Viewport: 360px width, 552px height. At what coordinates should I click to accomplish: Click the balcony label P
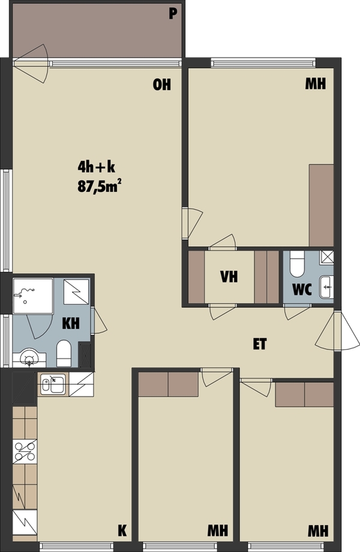172,14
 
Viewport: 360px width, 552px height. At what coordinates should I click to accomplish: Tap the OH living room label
162,85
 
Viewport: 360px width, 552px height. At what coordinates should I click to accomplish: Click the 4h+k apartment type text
97,167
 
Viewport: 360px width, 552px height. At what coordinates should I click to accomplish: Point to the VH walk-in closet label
229,277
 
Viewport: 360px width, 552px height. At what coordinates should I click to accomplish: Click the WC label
302,289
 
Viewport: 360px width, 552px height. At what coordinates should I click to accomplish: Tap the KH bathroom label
71,323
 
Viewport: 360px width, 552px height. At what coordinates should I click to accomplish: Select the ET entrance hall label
260,344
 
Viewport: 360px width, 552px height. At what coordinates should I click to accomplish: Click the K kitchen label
122,530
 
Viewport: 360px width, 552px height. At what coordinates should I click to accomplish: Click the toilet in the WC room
297,264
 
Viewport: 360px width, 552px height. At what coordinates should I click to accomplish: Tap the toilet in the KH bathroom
64,353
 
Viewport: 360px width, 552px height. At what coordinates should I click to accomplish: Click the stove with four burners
25,452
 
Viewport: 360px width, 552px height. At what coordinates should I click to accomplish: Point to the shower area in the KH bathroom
33,296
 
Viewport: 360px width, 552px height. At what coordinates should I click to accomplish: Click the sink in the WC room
326,287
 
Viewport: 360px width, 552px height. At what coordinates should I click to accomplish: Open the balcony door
31,64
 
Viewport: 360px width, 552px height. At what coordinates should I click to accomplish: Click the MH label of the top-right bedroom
316,84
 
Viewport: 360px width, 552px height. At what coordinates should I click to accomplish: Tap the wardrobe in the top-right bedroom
321,205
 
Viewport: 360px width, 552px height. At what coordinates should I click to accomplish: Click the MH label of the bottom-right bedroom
318,530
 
